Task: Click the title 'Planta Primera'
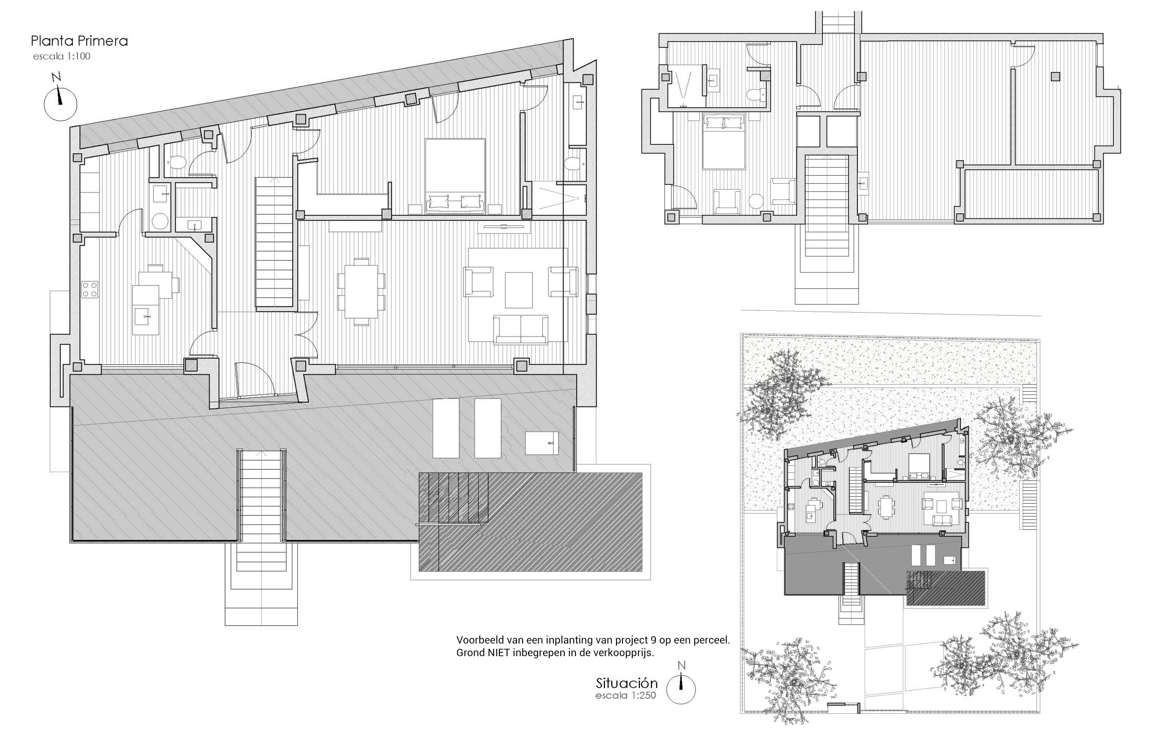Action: [79, 41]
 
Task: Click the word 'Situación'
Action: [627, 683]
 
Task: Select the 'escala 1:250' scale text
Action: [626, 695]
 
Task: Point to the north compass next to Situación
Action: [680, 684]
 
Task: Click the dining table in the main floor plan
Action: [361, 291]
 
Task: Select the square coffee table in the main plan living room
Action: [518, 290]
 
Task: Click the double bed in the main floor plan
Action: [455, 176]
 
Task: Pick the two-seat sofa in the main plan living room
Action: [521, 329]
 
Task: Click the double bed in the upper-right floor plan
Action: [724, 141]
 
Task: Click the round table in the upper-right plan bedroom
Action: [757, 202]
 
